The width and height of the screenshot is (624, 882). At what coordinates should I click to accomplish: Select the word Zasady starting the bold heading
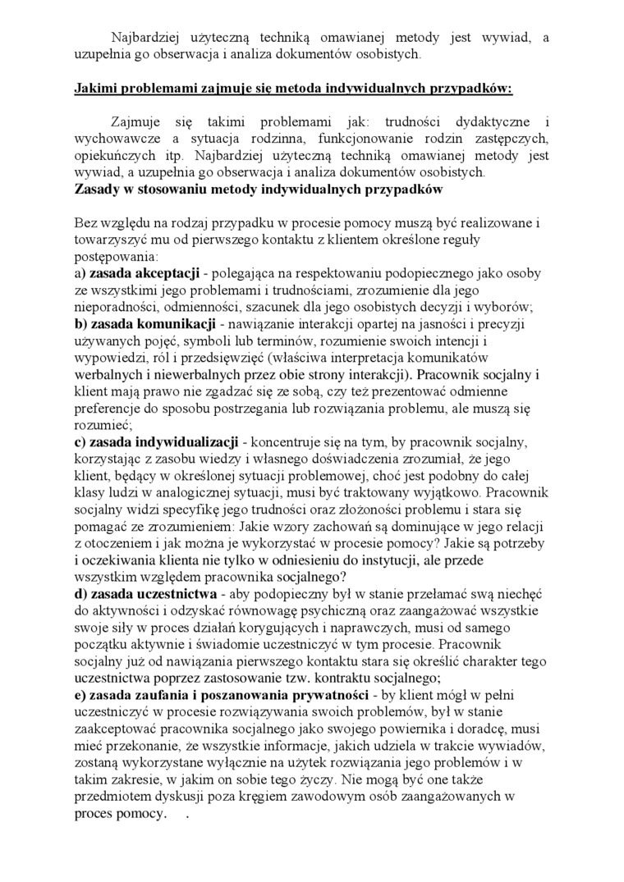[99, 190]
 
